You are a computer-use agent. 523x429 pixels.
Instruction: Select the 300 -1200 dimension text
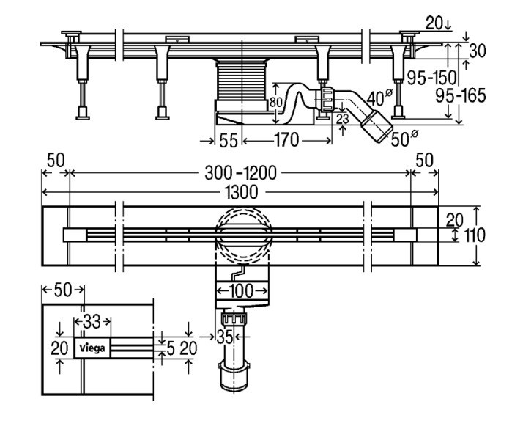[241, 173]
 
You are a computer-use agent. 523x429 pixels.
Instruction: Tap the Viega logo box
[92, 348]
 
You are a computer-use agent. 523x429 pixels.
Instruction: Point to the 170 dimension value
[286, 140]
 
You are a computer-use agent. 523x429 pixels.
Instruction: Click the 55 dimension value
[229, 141]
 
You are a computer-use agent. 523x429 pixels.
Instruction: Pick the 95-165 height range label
[460, 96]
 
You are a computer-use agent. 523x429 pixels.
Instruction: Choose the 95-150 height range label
[431, 78]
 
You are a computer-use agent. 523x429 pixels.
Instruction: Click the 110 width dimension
[475, 235]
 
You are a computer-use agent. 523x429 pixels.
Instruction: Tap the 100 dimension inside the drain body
[242, 291]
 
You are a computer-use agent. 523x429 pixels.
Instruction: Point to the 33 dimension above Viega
[92, 322]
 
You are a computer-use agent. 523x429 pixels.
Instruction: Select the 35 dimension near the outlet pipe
[224, 337]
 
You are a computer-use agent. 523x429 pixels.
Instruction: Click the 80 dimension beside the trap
[275, 102]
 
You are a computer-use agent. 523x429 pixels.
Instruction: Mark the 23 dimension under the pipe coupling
[342, 119]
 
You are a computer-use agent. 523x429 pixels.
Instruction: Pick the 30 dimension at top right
[478, 51]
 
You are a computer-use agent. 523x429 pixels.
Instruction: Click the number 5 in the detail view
[170, 348]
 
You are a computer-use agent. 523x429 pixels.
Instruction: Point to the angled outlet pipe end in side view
[377, 126]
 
